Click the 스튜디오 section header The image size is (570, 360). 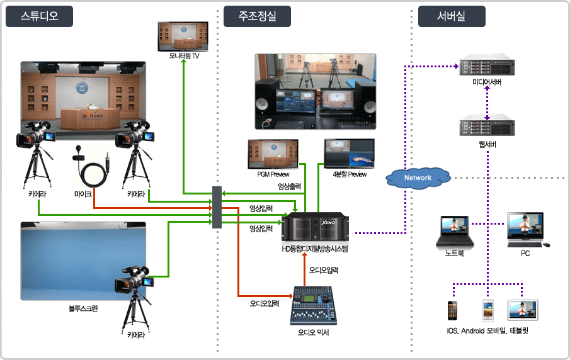coord(39,16)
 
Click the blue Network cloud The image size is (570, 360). coord(418,177)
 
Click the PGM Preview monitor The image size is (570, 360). coord(273,154)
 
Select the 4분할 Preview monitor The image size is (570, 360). coord(348,154)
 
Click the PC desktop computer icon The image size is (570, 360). coord(525,229)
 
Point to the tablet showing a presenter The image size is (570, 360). coord(524,308)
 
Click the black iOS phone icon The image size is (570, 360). coord(452,310)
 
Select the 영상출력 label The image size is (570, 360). coord(290,186)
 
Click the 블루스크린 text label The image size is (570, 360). coord(83,309)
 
